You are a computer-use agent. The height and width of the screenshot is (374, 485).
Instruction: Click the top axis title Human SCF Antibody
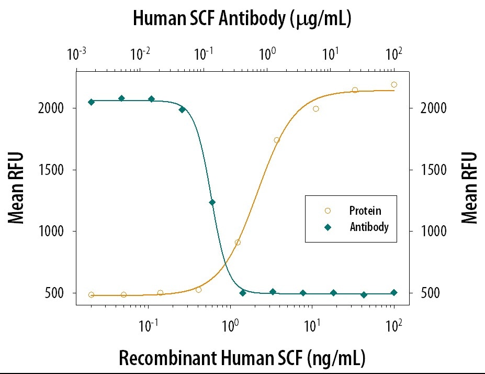point(242,19)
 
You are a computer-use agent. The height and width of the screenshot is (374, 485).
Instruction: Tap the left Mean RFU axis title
point(17,187)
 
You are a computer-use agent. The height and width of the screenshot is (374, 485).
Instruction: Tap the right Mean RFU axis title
point(469,187)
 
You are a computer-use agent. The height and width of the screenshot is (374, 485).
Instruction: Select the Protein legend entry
point(365,211)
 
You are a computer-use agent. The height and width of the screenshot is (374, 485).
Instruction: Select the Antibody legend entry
point(369,227)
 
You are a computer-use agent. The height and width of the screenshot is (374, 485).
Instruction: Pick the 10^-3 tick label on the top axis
point(77,54)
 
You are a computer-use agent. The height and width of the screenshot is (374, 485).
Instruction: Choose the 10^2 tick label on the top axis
point(393,54)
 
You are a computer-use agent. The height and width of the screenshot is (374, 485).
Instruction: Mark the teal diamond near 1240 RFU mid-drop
point(212,202)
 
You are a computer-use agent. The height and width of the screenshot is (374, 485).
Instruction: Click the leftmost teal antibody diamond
point(91,102)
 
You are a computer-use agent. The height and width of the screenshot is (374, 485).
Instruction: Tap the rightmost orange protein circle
point(394,84)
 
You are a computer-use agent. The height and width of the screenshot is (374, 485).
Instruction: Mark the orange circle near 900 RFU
point(238,243)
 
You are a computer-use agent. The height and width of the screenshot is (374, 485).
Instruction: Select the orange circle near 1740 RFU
point(277,140)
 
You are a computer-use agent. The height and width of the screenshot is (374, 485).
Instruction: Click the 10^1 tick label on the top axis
point(330,54)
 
